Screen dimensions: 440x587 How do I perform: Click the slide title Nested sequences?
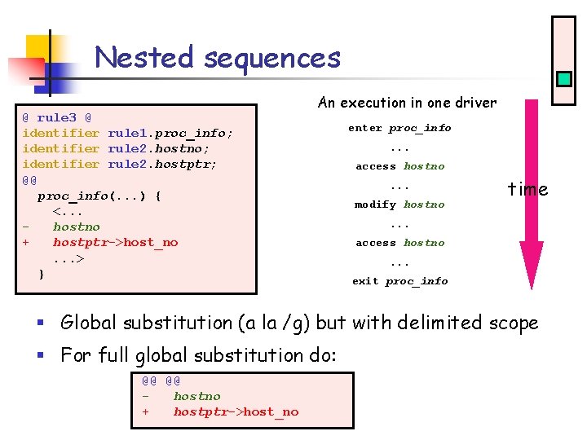coord(217,58)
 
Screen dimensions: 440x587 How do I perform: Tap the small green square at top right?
coord(563,79)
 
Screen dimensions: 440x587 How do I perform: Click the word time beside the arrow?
coord(527,190)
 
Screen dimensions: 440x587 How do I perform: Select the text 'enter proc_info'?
coord(399,128)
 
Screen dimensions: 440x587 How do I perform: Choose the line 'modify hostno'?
coord(399,205)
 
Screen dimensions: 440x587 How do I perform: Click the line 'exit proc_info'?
coord(399,281)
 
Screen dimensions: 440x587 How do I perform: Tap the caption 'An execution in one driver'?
coord(407,103)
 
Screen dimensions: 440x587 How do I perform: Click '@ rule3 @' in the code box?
coord(56,117)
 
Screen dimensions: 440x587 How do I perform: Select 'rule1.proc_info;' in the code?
coord(170,133)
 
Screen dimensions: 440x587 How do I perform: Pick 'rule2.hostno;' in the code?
coord(158,148)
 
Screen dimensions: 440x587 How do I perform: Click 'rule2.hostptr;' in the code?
coord(162,164)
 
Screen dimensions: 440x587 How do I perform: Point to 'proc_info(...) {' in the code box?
coord(99,196)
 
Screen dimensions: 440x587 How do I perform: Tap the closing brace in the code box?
coord(42,274)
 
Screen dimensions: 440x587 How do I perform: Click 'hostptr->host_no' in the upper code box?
coord(115,243)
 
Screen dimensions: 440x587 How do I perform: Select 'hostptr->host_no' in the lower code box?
coord(236,412)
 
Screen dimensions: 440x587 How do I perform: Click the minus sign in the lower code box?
coord(146,397)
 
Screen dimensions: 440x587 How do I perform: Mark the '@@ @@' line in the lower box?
coord(161,381)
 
